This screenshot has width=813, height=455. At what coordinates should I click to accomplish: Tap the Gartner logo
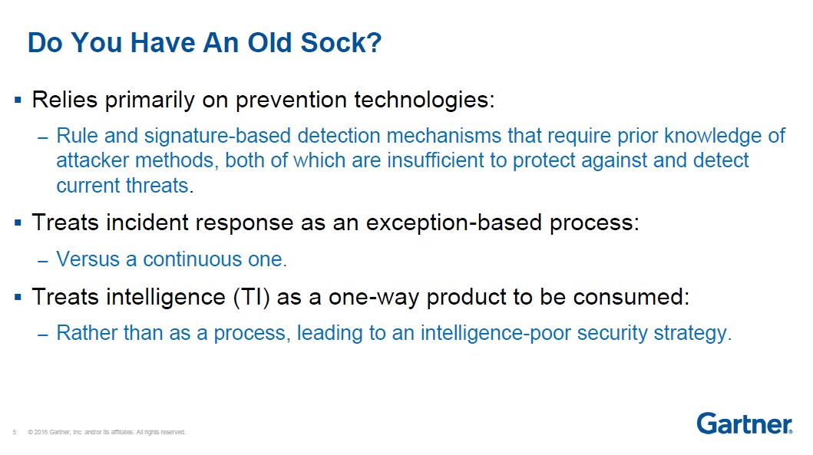(745, 424)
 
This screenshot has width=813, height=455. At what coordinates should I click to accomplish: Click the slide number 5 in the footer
(15, 432)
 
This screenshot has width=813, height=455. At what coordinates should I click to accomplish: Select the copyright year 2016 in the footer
(41, 432)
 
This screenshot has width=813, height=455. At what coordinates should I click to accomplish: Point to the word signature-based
(217, 136)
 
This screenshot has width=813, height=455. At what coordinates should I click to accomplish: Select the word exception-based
(454, 223)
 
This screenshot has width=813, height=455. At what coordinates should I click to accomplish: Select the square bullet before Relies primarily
(18, 100)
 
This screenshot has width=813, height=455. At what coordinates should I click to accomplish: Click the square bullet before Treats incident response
(18, 223)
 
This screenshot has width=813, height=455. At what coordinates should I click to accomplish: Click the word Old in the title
(271, 42)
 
